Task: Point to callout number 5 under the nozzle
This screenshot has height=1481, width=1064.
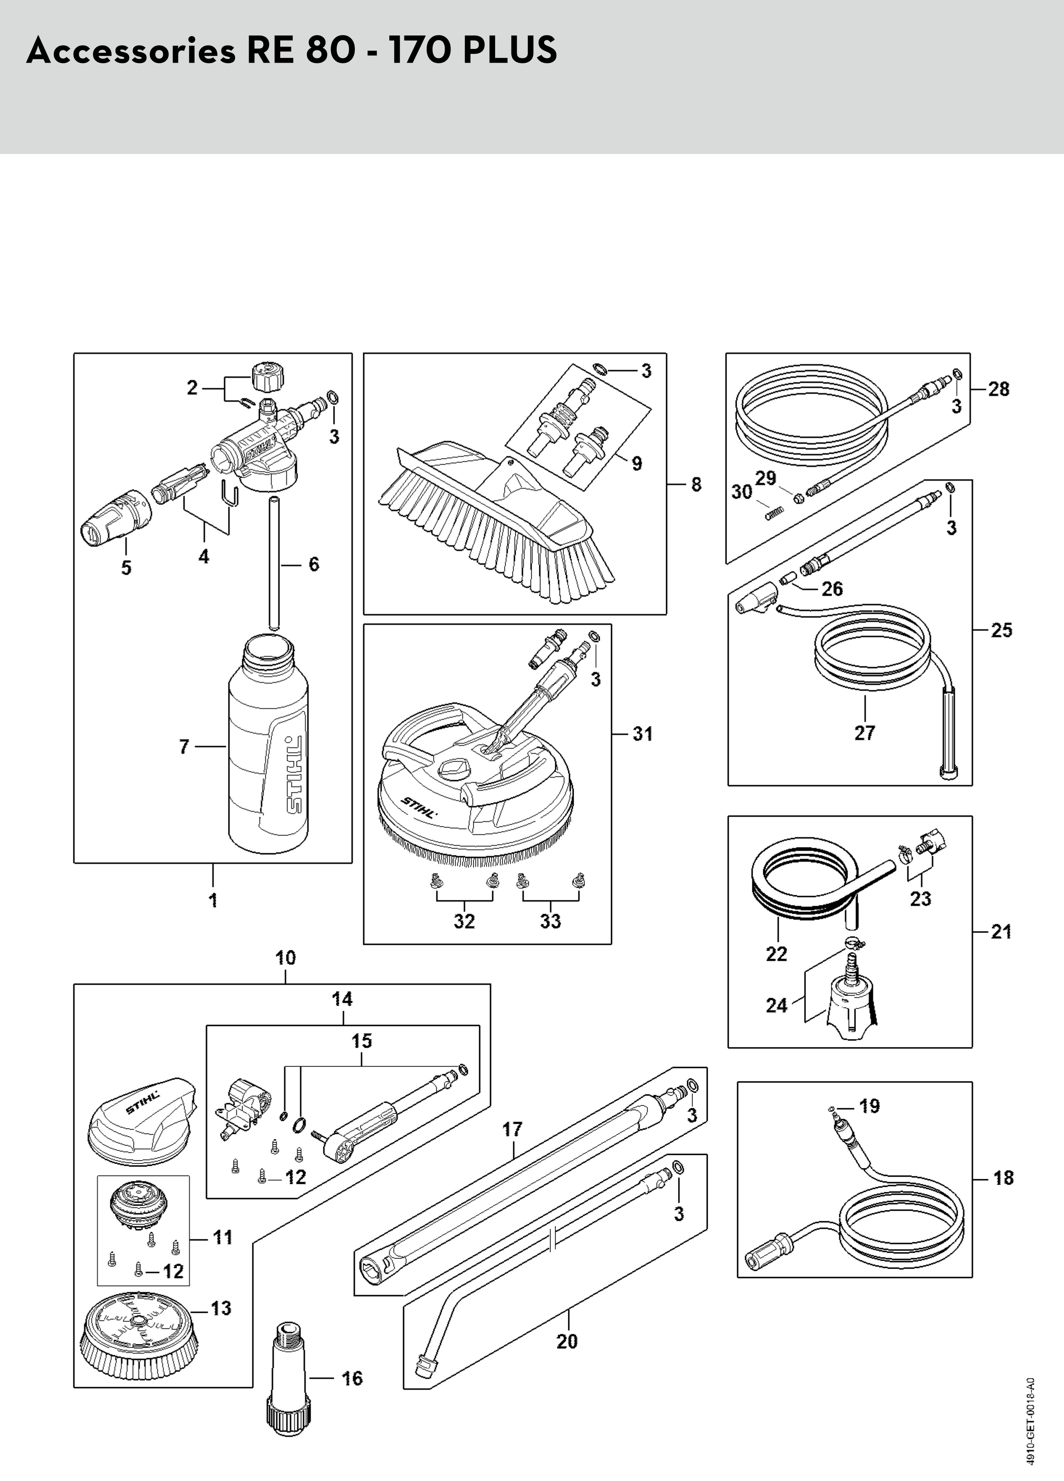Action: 126,567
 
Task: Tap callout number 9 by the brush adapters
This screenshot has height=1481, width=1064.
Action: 637,464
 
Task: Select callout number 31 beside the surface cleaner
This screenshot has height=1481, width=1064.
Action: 643,734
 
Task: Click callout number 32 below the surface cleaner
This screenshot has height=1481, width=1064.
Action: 464,921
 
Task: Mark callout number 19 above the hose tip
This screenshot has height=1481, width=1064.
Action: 869,1106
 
